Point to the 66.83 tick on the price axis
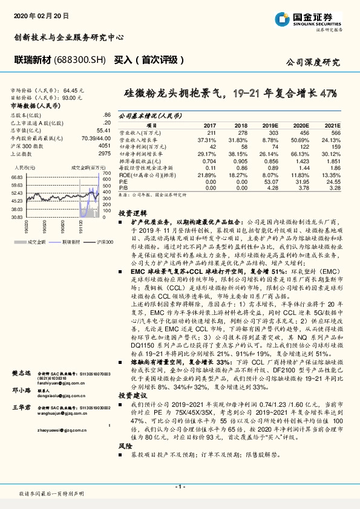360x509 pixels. coord(16,177)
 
